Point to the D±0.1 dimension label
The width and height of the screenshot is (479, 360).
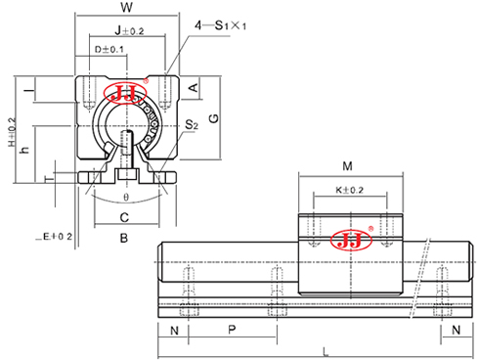(109, 49)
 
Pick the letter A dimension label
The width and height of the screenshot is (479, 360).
(193, 88)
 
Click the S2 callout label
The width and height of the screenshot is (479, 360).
(193, 125)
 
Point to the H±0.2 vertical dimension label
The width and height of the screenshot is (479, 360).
(11, 132)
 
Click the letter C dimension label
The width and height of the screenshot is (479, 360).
(124, 217)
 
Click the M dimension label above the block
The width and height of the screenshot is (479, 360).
(349, 164)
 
